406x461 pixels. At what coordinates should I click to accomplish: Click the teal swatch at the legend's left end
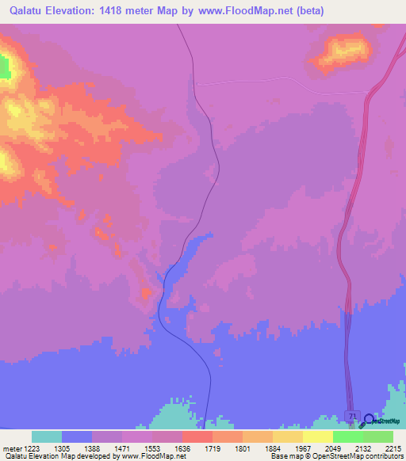pyautogui.click(x=47, y=436)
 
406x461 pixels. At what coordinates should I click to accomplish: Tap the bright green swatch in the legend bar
pyautogui.click(x=347, y=436)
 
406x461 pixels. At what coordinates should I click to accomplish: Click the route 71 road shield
pyautogui.click(x=353, y=416)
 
